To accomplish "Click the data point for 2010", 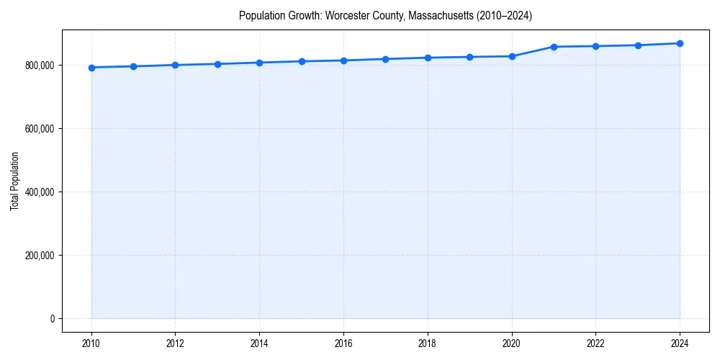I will coord(91,68).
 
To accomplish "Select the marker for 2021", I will coord(554,47).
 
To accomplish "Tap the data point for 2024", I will coord(680,43).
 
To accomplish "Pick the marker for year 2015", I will coord(302,61).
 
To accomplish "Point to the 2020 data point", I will coord(512,56).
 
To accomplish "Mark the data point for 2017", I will coord(386,59).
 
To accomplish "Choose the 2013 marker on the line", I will coord(217,64).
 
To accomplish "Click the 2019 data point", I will coord(469,57).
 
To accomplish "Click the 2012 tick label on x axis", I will coord(176,343).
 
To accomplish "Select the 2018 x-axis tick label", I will coord(428,343).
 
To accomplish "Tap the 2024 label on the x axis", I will coord(680,343).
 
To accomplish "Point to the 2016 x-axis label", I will coord(343,343).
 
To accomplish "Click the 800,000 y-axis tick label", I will coord(40,66).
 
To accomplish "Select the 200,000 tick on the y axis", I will coord(40,256).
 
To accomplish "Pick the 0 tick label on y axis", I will coord(52,319).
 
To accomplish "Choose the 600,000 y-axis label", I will coord(40,129).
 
